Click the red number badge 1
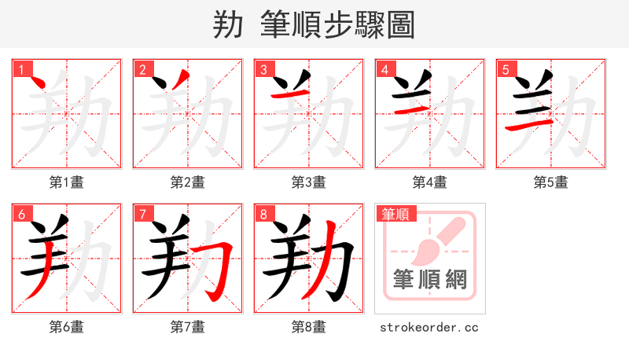coord(21,69)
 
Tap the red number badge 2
coord(142,69)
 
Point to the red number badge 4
coord(384,69)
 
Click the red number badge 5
coord(506,69)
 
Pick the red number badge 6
coord(21,214)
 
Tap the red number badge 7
coord(142,214)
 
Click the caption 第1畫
coord(66,182)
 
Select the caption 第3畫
coord(308,182)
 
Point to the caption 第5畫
coord(550,182)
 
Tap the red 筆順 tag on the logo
coord(396,214)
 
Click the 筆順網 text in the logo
coord(429,278)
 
